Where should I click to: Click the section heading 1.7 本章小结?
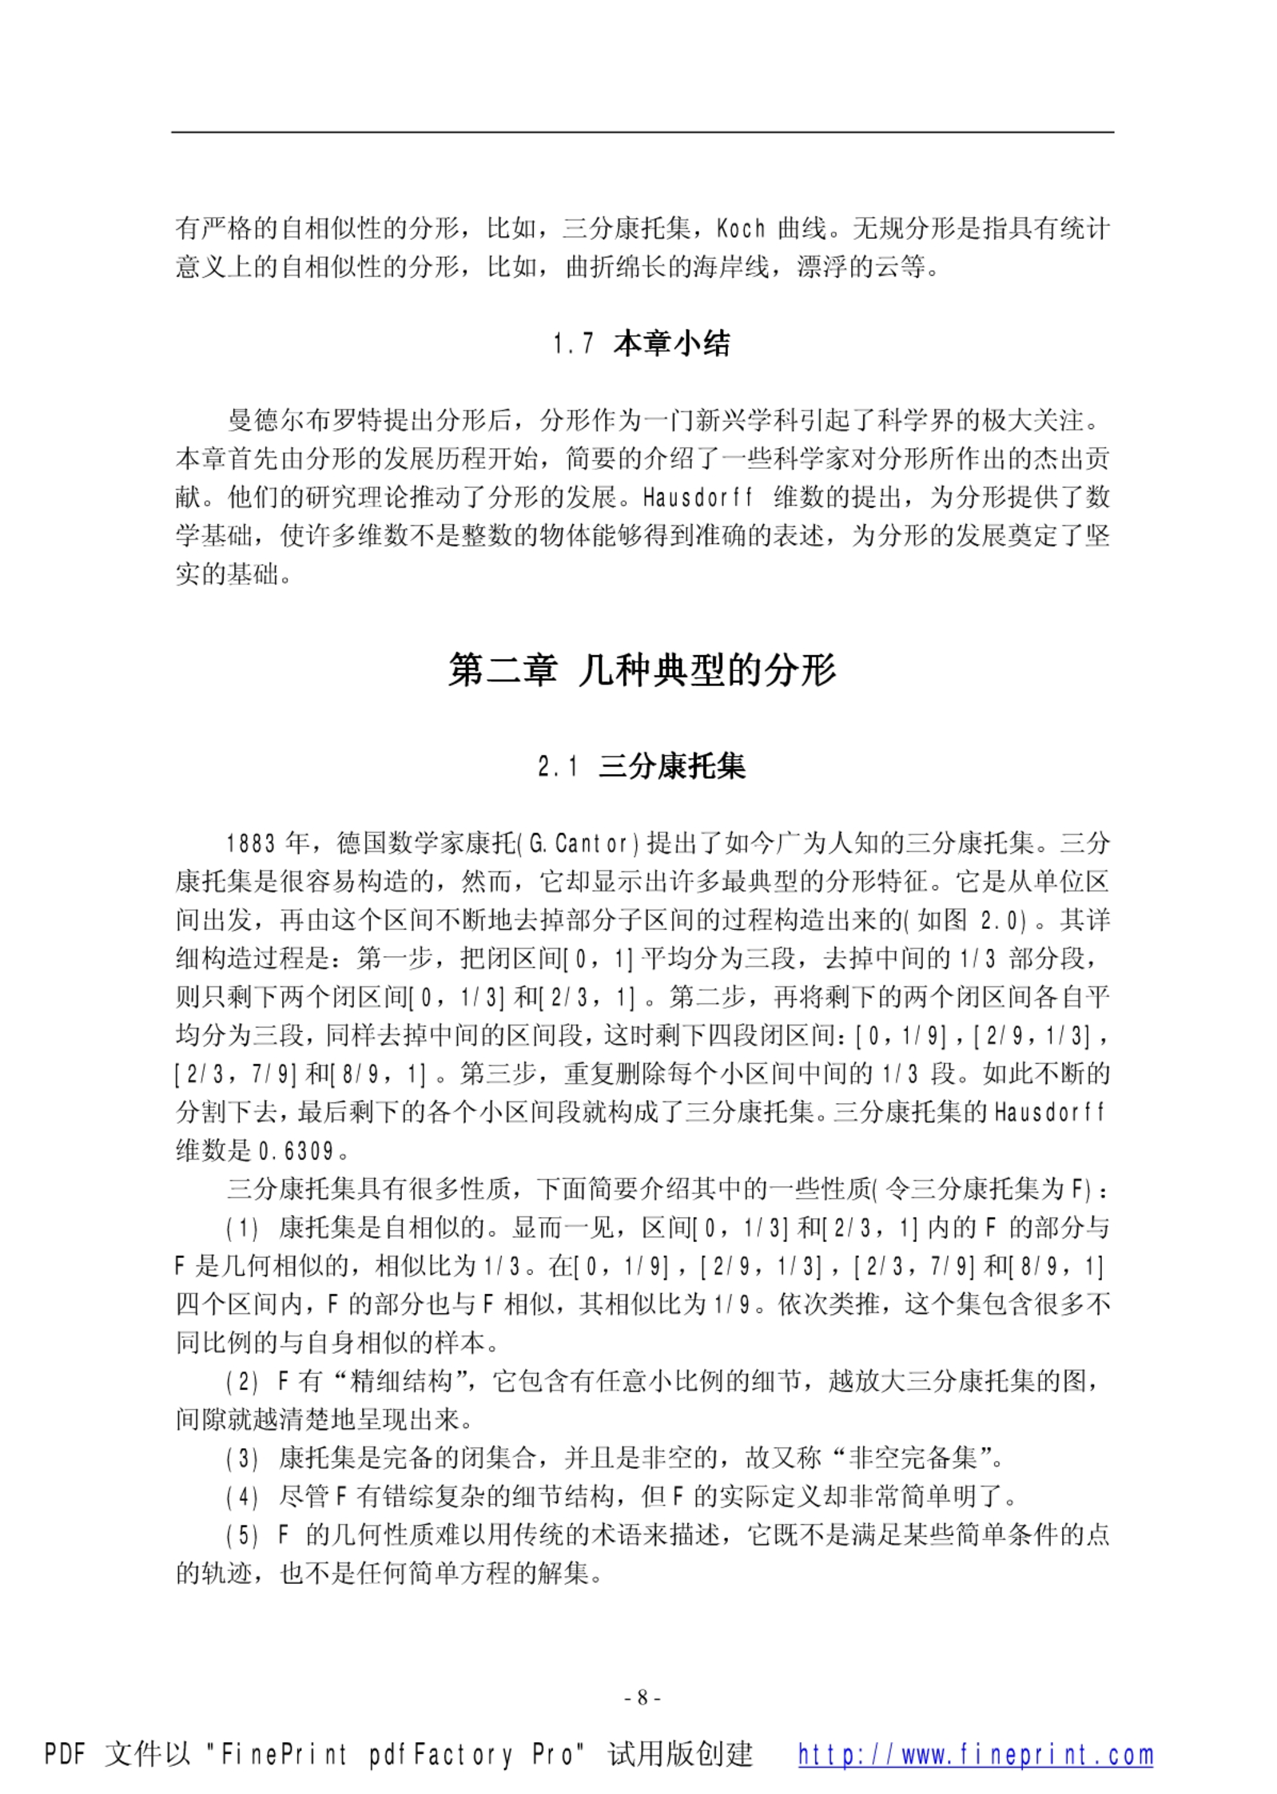tap(641, 344)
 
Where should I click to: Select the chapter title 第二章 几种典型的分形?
tap(641, 669)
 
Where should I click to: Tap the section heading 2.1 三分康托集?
tap(641, 767)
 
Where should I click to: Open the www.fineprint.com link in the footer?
tap(975, 1755)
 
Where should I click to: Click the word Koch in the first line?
tap(741, 229)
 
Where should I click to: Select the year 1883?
tap(251, 843)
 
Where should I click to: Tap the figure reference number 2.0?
tap(1002, 921)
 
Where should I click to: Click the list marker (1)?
tap(242, 1228)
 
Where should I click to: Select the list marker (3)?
tap(242, 1459)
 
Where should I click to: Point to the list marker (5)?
tap(242, 1536)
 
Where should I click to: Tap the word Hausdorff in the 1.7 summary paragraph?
tap(698, 498)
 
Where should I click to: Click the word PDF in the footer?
tap(65, 1755)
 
